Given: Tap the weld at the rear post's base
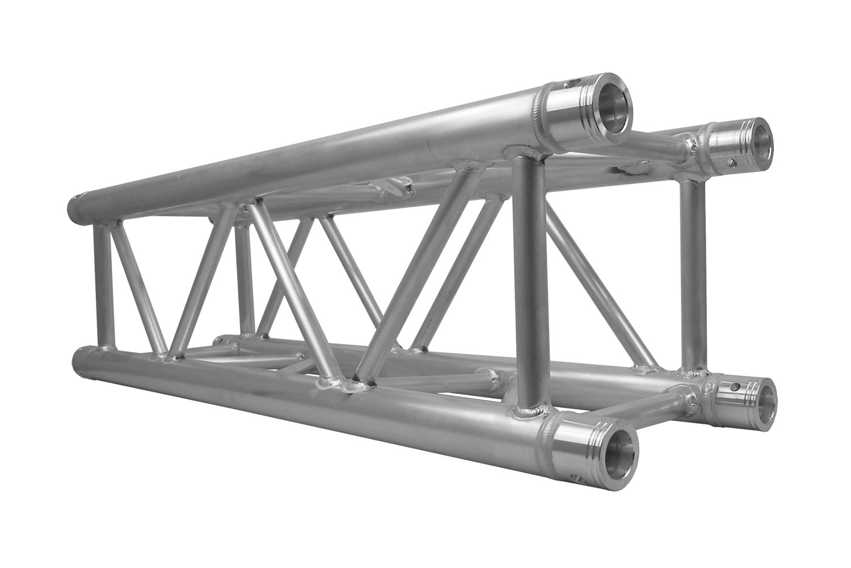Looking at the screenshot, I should (x=692, y=374).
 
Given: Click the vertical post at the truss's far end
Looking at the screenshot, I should (x=100, y=284).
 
